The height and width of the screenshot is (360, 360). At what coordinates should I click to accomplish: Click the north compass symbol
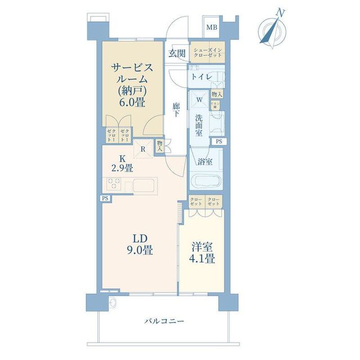[271, 29]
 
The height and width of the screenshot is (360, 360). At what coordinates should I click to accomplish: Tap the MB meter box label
[211, 27]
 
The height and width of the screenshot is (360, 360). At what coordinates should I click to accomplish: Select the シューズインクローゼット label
[208, 53]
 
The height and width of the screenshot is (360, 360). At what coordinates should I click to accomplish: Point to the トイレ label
[201, 76]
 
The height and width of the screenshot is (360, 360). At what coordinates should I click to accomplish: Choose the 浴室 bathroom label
[205, 161]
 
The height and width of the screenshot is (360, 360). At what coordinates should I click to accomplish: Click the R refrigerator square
[144, 150]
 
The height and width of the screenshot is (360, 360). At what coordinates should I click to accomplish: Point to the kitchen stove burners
[115, 184]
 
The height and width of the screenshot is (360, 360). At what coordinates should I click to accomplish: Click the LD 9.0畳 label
[141, 244]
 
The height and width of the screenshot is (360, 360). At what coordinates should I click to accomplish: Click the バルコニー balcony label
[164, 321]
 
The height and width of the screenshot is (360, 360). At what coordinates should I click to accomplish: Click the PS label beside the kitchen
[105, 198]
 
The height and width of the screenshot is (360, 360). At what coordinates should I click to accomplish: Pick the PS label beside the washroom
[218, 141]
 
